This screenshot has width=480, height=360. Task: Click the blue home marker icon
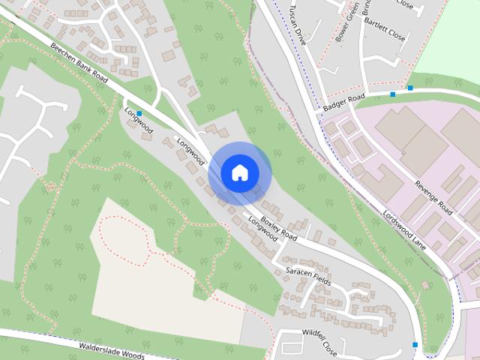click(239, 173)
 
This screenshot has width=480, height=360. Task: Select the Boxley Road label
click(279, 228)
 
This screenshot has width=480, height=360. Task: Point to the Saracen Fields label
click(307, 274)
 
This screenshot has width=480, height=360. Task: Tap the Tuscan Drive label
click(295, 26)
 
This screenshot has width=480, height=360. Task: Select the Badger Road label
click(343, 103)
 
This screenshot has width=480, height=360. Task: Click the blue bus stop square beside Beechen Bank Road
click(139, 113)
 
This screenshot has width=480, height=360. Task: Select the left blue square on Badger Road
click(392, 94)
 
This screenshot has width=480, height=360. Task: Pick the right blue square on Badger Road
click(410, 88)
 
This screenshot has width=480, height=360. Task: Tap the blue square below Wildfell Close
click(415, 344)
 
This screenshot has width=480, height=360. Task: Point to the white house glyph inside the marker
click(239, 173)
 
